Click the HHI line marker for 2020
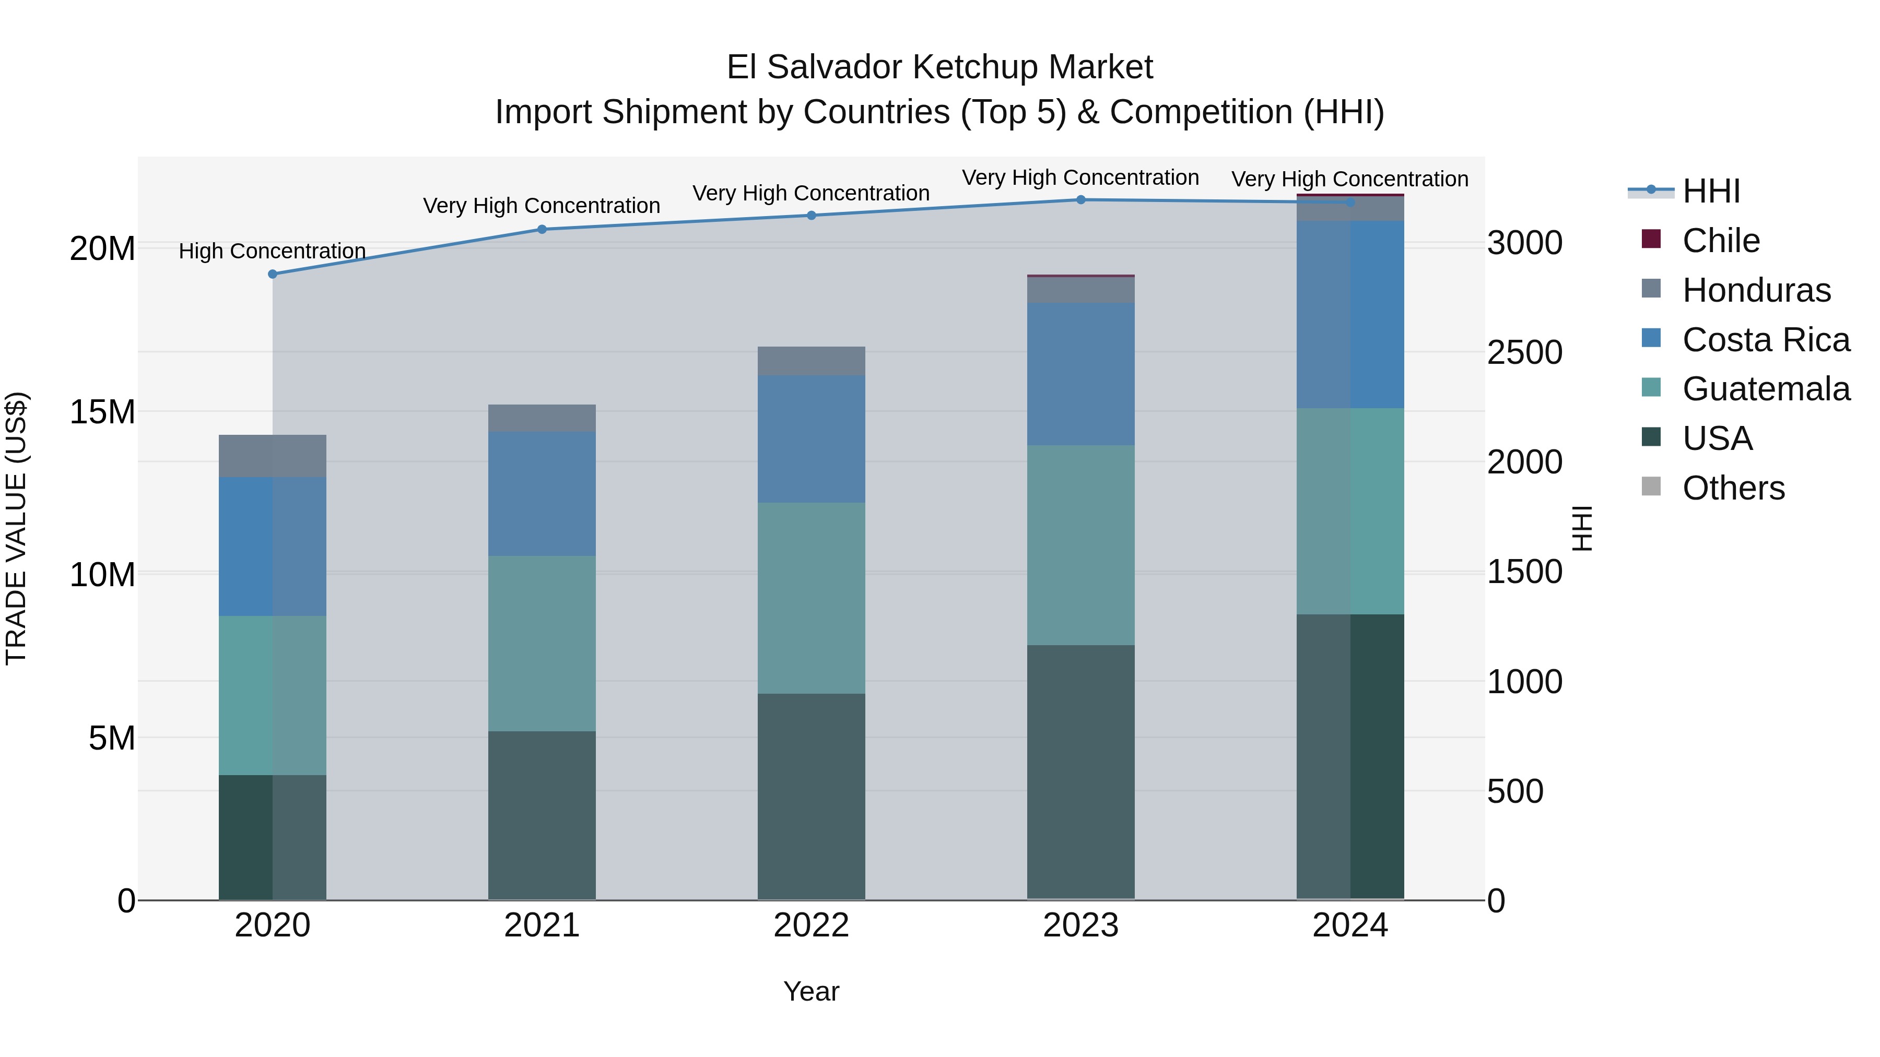(272, 274)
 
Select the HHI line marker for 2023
(1081, 200)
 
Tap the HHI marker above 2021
(542, 229)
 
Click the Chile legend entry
(1721, 241)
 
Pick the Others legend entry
(1733, 488)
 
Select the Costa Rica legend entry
(1766, 340)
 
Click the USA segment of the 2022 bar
(811, 796)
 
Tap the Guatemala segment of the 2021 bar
(542, 644)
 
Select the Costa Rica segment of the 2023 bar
(1081, 374)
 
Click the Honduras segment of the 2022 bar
(811, 361)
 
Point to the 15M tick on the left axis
(102, 412)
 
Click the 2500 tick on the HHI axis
(1524, 353)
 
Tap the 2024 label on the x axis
(1349, 925)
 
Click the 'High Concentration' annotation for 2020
(272, 251)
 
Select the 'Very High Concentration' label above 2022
(811, 193)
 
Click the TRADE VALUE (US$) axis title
(16, 528)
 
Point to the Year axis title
(811, 991)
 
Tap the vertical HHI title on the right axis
(1581, 528)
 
